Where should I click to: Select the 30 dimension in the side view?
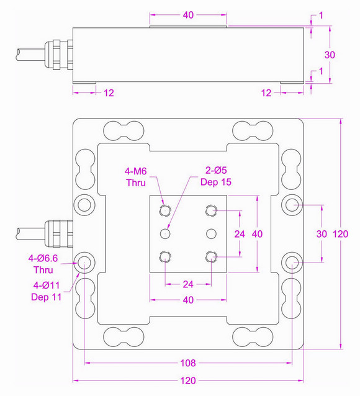[330, 55]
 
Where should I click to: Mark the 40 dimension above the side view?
[189, 15]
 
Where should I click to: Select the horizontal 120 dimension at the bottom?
[188, 380]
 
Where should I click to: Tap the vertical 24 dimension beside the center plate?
[239, 234]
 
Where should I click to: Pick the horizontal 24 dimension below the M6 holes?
[188, 284]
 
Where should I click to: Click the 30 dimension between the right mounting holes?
[320, 234]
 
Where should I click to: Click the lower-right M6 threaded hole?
[212, 257]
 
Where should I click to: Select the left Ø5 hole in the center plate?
[165, 234]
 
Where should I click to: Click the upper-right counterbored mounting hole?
[292, 205]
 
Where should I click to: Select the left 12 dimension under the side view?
[109, 92]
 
